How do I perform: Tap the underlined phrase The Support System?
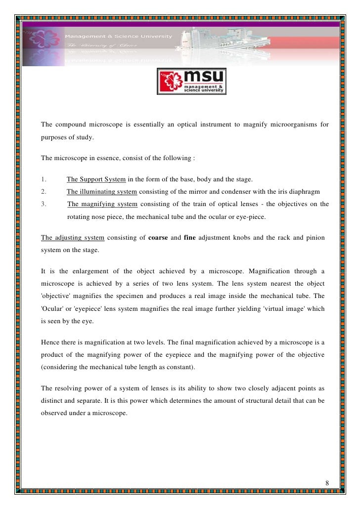pyautogui.click(x=96, y=179)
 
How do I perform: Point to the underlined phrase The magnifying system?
pyautogui.click(x=102, y=204)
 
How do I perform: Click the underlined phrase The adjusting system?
pyautogui.click(x=72, y=238)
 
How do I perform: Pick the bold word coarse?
pyautogui.click(x=158, y=238)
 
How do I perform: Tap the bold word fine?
pyautogui.click(x=189, y=238)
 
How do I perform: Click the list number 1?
pyautogui.click(x=44, y=179)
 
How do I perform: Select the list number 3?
pyautogui.click(x=44, y=204)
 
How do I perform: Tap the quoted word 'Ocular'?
pyautogui.click(x=53, y=309)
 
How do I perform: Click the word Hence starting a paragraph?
pyautogui.click(x=51, y=342)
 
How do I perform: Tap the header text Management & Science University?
pyautogui.click(x=120, y=36)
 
